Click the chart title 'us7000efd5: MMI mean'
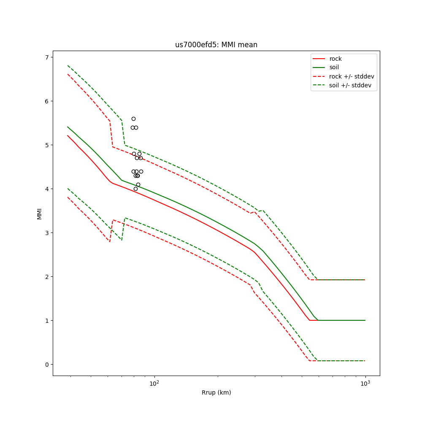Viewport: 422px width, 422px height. (216, 45)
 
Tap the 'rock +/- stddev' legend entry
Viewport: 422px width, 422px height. (352, 76)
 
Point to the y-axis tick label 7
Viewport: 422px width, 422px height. (47, 57)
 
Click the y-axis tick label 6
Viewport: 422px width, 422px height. (47, 101)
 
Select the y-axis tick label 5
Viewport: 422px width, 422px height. (47, 145)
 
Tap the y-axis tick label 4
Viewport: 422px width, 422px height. (47, 189)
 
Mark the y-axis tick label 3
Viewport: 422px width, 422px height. (47, 233)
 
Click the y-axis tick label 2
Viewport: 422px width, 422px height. (47, 277)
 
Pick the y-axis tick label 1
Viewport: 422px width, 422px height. (47, 321)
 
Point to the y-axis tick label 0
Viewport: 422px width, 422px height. (47, 365)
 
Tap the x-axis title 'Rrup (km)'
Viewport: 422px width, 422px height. (216, 392)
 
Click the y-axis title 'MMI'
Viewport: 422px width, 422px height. (39, 214)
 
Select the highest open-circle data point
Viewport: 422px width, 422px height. (133, 119)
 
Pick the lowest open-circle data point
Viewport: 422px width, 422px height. (135, 189)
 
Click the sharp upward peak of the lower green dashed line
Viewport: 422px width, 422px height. (125, 218)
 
